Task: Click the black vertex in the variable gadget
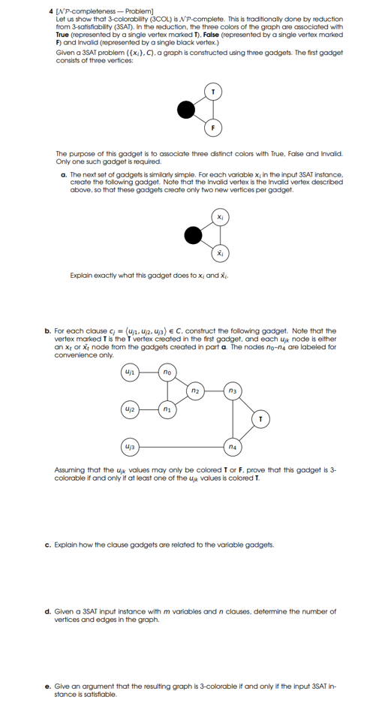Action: pos(193,236)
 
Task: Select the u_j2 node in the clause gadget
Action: pos(130,409)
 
